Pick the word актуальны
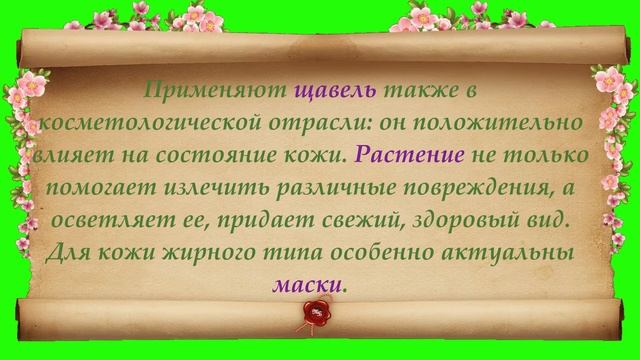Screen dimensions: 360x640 tap(513, 252)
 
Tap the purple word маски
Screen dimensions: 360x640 tap(306, 284)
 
